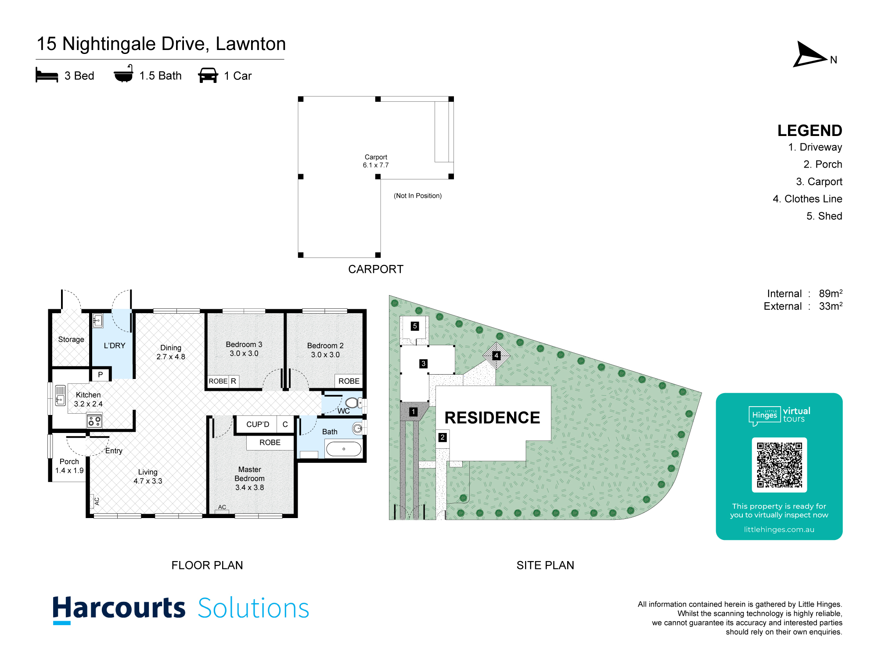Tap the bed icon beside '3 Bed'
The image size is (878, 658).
tap(47, 75)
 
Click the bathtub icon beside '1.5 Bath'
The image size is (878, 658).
tap(123, 74)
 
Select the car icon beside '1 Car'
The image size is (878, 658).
tap(208, 75)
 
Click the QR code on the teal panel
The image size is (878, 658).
tap(779, 465)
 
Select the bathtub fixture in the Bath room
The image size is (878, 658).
tap(344, 449)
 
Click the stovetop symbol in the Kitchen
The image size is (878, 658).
tap(94, 422)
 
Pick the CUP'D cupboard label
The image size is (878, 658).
tap(258, 424)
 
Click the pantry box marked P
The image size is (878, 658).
tap(101, 375)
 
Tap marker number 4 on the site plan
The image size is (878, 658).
tap(496, 355)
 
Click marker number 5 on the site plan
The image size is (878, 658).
tap(415, 326)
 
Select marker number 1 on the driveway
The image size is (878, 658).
tap(413, 411)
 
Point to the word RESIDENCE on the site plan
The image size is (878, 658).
tap(492, 418)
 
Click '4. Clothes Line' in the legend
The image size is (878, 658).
tap(807, 199)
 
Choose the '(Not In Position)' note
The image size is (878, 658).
tap(417, 196)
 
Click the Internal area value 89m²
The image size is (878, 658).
tap(831, 293)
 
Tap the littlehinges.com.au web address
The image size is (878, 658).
tap(779, 529)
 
